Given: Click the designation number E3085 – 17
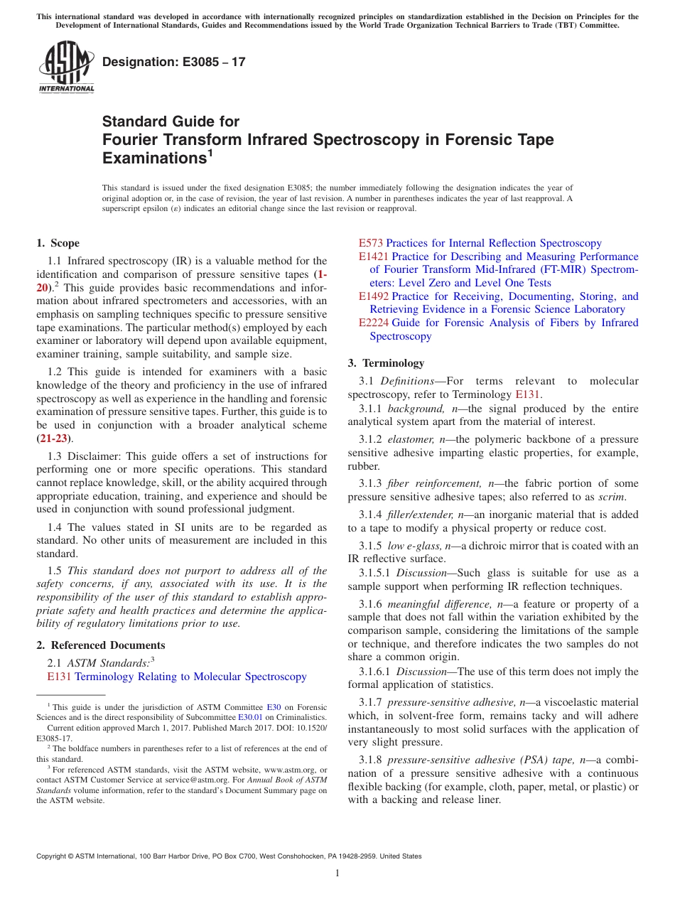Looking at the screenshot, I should coord(174,62).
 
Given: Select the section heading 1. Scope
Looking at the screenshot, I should coord(58,243).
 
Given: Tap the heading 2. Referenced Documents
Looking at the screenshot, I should coord(101,645).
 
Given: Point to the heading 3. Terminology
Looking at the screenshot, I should coord(386,363).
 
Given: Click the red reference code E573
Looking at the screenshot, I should coord(371,243).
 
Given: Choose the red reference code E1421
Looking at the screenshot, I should coord(374,257).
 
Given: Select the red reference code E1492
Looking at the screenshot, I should coord(374,296).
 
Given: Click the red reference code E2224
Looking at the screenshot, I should coord(374,323).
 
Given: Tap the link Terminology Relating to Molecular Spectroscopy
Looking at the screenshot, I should coord(190,677).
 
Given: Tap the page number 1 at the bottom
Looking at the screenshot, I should coord(337,873).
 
